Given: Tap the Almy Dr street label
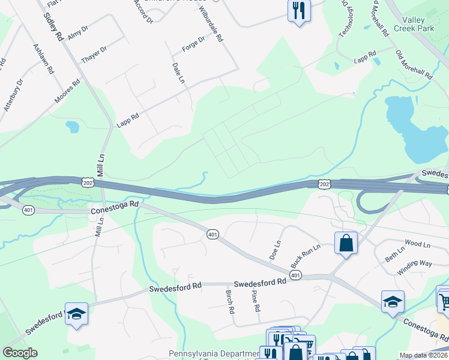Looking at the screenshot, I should [x=78, y=32].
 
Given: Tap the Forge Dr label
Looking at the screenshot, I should [x=194, y=44].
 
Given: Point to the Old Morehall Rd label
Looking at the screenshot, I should [x=414, y=64].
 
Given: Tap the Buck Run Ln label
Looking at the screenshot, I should [x=306, y=256].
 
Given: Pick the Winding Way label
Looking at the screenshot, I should [x=414, y=268].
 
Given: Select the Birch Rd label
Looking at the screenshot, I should [x=230, y=302].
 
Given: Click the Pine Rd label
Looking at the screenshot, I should [x=256, y=301].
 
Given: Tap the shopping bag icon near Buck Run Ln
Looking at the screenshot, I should [x=346, y=243].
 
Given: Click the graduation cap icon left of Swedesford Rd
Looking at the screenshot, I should [x=76, y=314].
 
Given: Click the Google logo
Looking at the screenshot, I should [x=20, y=353].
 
